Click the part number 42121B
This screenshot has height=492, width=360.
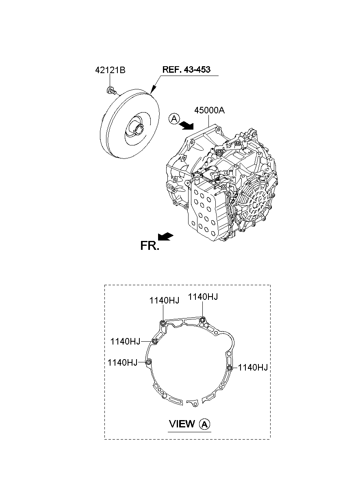tap(110, 70)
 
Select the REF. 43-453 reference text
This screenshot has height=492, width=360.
tap(186, 69)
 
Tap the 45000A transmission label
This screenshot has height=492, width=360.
tap(209, 111)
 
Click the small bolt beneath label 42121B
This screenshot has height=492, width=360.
tap(111, 90)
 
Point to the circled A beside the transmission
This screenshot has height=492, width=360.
tap(174, 119)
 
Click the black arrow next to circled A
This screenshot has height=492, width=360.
tap(186, 126)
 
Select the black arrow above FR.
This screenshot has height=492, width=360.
tap(165, 236)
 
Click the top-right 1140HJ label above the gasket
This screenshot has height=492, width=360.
tap(203, 297)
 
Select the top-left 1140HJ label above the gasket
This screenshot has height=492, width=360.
tap(164, 301)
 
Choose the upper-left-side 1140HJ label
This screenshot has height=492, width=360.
tap(125, 342)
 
